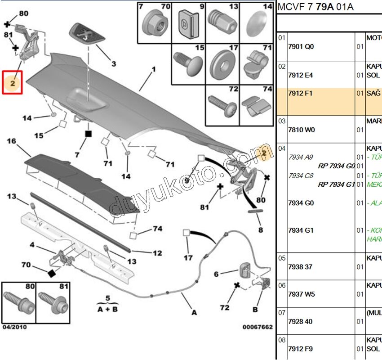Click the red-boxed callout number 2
13,83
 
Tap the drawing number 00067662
258,327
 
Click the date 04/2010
14,327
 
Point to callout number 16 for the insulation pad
12,141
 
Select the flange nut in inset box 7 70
154,26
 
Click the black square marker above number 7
89,134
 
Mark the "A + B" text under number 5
108,309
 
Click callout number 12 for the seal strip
157,253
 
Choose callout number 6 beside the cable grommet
216,274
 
